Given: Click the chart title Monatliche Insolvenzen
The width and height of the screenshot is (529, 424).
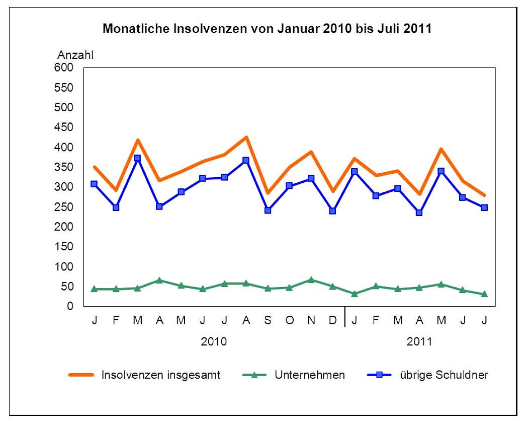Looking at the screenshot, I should point(267,29).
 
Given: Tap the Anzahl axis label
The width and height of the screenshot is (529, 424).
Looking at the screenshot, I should point(75,55).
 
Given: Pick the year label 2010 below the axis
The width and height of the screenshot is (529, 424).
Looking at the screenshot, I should point(214,342).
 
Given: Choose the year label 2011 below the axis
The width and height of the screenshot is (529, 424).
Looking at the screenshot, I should point(419,342).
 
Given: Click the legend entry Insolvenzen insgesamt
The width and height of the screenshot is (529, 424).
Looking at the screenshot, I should point(160,375).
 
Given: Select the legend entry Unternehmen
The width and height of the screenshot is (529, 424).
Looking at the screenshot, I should point(309,375).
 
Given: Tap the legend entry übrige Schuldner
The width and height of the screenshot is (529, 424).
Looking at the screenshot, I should point(444,375).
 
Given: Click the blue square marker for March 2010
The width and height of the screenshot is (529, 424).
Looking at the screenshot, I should point(137,158).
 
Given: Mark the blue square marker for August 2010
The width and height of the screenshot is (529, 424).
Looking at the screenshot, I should point(246,161).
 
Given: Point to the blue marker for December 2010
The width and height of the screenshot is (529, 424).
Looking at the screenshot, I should point(332,211).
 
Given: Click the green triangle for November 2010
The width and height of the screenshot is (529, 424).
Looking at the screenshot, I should point(311,279).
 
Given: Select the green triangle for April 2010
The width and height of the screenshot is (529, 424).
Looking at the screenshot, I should point(159,280).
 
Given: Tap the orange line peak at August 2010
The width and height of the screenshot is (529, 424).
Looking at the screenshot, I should point(246,137).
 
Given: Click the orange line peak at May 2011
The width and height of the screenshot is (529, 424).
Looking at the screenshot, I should point(441,149).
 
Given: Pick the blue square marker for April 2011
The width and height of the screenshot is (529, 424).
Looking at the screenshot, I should point(419,213).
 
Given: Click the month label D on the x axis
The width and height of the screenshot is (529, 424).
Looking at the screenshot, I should point(332,321).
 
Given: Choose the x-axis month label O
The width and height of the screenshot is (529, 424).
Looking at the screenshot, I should point(289,321).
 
